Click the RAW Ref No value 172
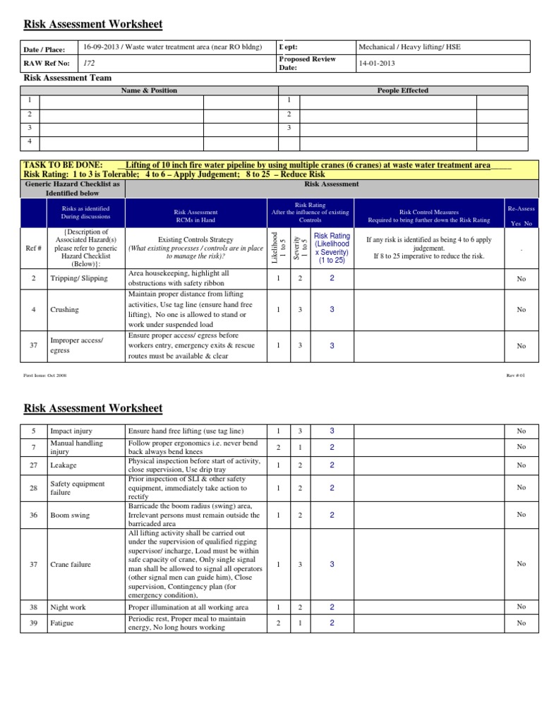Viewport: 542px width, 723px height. pyautogui.click(x=89, y=63)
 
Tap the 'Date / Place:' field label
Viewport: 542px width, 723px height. pyautogui.click(x=44, y=49)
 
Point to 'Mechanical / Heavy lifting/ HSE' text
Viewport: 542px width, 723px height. pyautogui.click(x=409, y=47)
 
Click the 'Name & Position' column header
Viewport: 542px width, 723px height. pyautogui.click(x=149, y=90)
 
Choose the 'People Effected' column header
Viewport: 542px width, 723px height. pyautogui.click(x=403, y=90)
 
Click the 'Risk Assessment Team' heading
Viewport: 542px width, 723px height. pyautogui.click(x=67, y=78)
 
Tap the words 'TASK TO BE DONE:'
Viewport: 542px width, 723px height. pyautogui.click(x=63, y=165)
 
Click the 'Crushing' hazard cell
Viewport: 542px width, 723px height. pyautogui.click(x=64, y=309)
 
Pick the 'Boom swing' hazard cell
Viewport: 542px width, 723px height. pyautogui.click(x=69, y=515)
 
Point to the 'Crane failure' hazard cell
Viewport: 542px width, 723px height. pyautogui.click(x=71, y=564)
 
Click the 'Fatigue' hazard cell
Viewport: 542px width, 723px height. pyautogui.click(x=61, y=623)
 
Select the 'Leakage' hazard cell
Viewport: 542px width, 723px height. pyautogui.click(x=63, y=465)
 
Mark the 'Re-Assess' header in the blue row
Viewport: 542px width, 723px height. pyautogui.click(x=521, y=209)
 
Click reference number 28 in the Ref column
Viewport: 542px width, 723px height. pyautogui.click(x=33, y=488)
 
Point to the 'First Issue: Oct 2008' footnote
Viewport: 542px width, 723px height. pyautogui.click(x=45, y=376)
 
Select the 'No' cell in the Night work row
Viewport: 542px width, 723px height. pyautogui.click(x=521, y=607)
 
